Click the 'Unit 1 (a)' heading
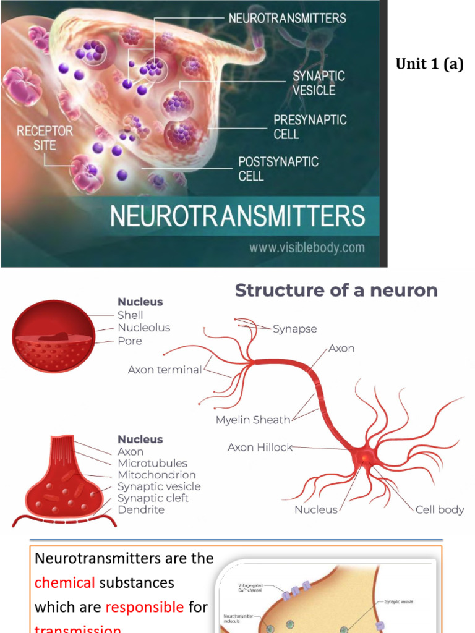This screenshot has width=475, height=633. (x=429, y=64)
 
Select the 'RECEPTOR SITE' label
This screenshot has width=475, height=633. (x=45, y=138)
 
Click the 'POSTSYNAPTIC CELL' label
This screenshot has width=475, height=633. (x=278, y=169)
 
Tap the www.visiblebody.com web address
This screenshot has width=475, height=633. (x=307, y=248)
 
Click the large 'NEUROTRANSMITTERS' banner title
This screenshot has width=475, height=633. (x=237, y=216)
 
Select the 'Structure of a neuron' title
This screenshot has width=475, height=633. (x=336, y=291)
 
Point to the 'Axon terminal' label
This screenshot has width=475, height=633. (x=165, y=370)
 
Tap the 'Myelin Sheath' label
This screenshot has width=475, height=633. (x=252, y=420)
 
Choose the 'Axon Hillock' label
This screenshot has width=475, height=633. (x=260, y=447)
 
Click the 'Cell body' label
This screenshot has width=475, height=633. (x=440, y=510)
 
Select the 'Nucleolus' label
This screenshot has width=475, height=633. (x=143, y=328)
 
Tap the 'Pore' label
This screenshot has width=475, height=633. (x=130, y=341)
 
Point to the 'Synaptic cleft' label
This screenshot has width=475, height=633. (x=153, y=498)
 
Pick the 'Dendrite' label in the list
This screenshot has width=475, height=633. (x=141, y=510)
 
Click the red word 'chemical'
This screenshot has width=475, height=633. (x=64, y=582)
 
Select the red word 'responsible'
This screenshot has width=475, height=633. (x=145, y=607)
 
